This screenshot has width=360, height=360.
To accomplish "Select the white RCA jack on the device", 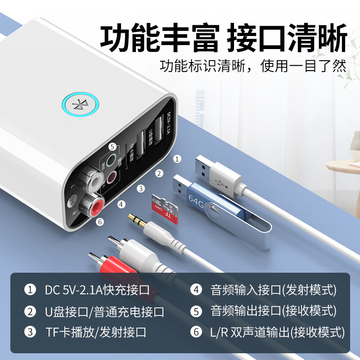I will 88,179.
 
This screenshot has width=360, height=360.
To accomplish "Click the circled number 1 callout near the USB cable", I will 178,159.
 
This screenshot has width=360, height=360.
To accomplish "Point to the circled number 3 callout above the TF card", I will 141,189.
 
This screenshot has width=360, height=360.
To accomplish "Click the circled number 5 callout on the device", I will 112,146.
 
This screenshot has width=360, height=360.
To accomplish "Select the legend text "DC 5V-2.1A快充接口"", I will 97,290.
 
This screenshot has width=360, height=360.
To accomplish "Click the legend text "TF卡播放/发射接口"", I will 96,332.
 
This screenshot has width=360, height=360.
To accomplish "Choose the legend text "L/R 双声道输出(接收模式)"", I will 278,332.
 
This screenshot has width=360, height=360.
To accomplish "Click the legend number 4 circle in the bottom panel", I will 196,290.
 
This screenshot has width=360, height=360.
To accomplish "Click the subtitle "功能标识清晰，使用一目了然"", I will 253,66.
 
